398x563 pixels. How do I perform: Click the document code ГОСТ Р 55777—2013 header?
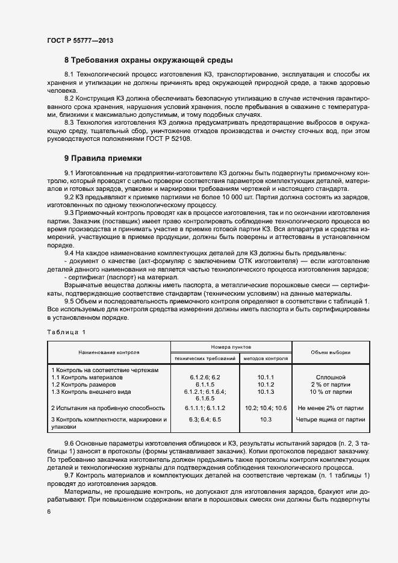click(79, 40)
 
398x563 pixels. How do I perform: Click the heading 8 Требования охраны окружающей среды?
click(148, 60)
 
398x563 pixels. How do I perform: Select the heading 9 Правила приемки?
click(103, 158)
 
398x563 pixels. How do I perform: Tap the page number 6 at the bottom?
click(48, 511)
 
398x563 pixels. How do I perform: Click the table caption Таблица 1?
click(66, 332)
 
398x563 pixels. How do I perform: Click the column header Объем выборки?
click(330, 353)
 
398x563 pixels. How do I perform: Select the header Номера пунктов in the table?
click(231, 347)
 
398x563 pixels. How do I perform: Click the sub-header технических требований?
click(205, 358)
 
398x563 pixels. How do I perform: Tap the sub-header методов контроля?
click(266, 358)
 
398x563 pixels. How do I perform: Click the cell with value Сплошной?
click(330, 377)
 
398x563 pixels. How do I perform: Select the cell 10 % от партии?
click(330, 391)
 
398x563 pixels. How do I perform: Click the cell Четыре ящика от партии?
click(330, 419)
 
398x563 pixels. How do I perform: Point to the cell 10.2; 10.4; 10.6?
click(266, 408)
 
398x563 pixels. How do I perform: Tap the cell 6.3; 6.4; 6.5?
click(205, 419)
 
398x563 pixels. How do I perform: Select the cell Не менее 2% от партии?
click(330, 408)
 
